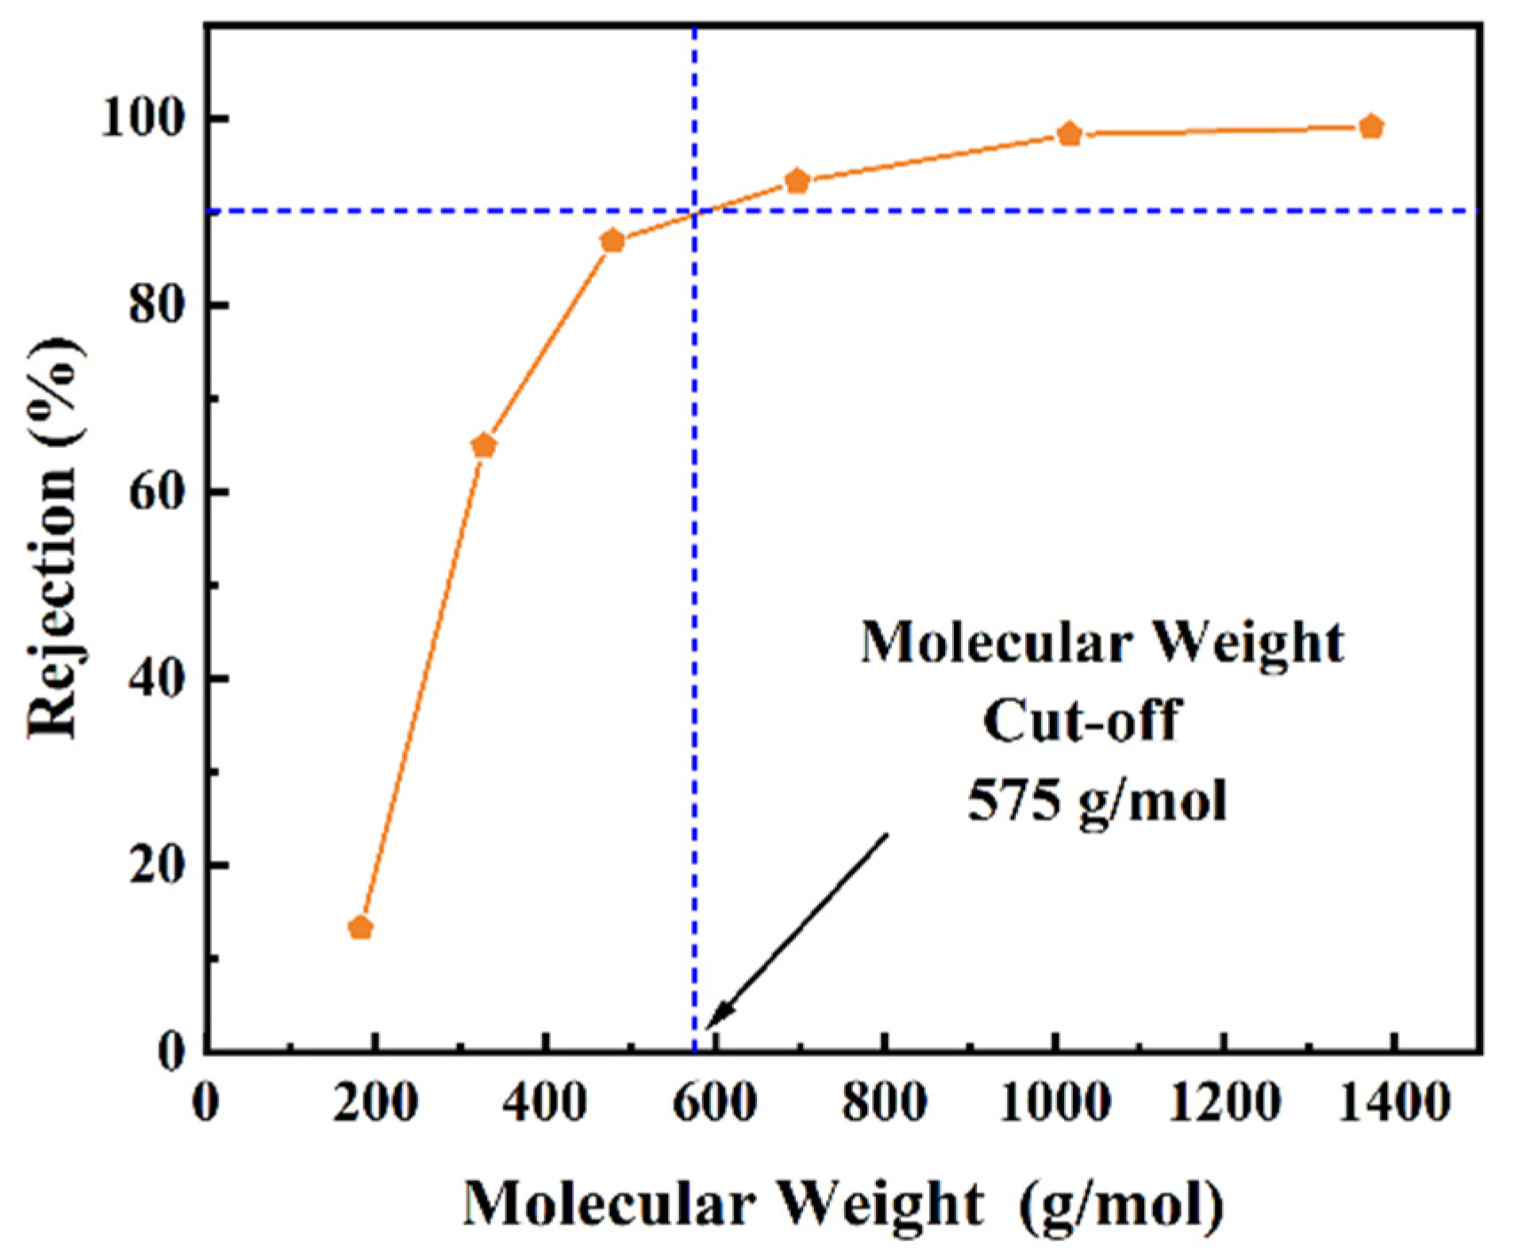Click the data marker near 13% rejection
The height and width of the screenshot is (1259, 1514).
tap(360, 928)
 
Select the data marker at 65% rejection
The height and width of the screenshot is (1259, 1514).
tap(484, 445)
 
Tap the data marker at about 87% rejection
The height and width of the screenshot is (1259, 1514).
tap(612, 240)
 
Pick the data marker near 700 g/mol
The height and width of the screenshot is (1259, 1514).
tap(798, 181)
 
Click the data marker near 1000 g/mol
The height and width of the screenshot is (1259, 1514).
tap(1070, 134)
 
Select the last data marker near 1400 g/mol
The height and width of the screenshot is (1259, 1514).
tap(1371, 127)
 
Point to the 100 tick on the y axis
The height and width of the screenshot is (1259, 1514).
tap(152, 118)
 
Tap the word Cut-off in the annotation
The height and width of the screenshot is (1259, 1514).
tap(1081, 720)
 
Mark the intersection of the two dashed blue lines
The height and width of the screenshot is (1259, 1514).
tap(694, 211)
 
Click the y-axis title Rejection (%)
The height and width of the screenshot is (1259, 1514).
tap(55, 537)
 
